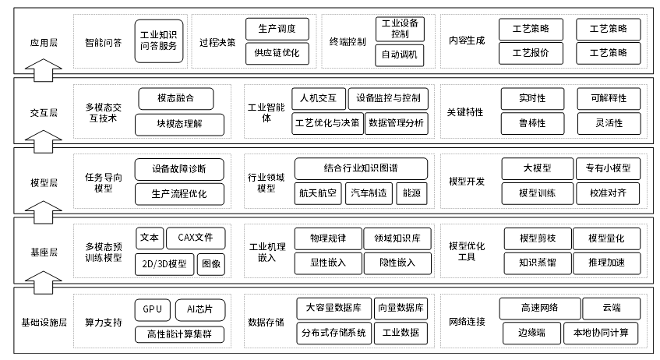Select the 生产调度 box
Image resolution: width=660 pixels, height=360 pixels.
[277, 28]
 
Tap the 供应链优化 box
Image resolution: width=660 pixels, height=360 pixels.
[277, 53]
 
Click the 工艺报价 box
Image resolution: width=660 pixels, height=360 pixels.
[531, 53]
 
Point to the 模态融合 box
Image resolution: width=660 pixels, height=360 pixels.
[175, 98]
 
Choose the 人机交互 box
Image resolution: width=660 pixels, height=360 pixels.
[318, 98]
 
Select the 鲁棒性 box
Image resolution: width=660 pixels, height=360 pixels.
[531, 123]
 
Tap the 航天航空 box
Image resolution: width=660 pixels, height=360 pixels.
[317, 193]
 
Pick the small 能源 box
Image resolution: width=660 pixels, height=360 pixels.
[413, 193]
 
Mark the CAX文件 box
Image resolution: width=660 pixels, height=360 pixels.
[196, 238]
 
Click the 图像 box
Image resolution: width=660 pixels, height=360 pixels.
[210, 263]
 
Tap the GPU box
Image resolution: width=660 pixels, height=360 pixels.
[152, 309]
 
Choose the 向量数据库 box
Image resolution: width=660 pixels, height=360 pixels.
[401, 309]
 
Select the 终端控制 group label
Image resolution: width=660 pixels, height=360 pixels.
[348, 41]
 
